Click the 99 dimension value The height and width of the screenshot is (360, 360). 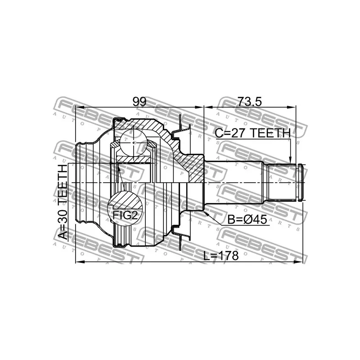pos(139,102)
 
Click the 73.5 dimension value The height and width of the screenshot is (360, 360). pos(249,102)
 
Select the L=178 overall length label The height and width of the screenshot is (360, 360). pos(221,256)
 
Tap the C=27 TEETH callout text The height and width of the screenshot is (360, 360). pos(253,133)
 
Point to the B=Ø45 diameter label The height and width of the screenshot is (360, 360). pos(247,220)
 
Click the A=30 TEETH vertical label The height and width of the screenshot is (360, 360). pos(63,202)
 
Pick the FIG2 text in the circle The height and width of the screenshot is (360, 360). pos(125,216)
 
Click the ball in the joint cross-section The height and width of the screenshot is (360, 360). pos(133,143)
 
